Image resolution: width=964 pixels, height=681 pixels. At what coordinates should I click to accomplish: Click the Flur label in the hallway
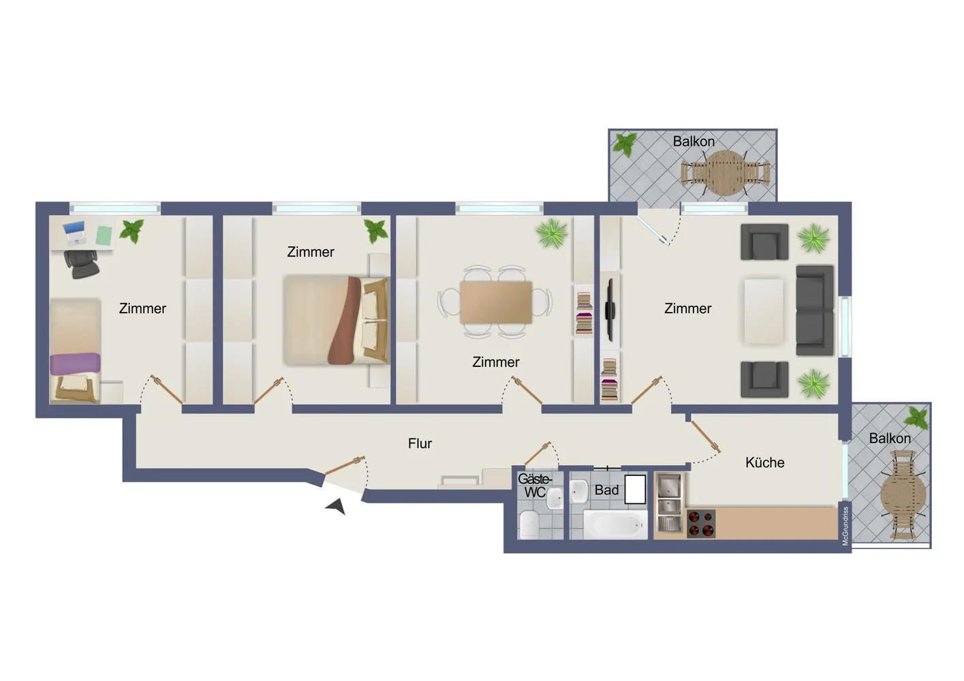(420, 443)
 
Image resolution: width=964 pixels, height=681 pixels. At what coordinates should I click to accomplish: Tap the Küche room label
(764, 462)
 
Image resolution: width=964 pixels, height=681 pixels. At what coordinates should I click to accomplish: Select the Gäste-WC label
(535, 485)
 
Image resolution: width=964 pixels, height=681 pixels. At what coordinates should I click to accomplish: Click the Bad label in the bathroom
(606, 490)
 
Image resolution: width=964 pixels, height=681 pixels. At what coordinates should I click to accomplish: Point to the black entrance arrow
(336, 506)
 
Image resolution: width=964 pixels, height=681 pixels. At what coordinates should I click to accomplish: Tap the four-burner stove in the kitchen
(701, 524)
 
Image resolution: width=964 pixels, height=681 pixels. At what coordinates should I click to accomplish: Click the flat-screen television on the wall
(610, 310)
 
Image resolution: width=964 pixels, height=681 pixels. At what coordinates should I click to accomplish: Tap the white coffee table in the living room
(764, 311)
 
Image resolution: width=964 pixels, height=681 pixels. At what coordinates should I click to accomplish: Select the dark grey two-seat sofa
(815, 310)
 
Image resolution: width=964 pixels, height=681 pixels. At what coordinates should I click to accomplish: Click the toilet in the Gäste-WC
(529, 525)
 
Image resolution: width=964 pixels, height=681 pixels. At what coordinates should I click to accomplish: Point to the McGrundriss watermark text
(845, 525)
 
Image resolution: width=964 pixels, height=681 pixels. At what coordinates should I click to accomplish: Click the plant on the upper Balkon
(625, 144)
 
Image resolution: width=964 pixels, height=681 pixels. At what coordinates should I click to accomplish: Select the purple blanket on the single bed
(75, 364)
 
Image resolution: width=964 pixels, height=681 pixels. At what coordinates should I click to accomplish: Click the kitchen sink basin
(669, 486)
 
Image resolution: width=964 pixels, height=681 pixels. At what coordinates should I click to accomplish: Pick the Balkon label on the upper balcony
(694, 142)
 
